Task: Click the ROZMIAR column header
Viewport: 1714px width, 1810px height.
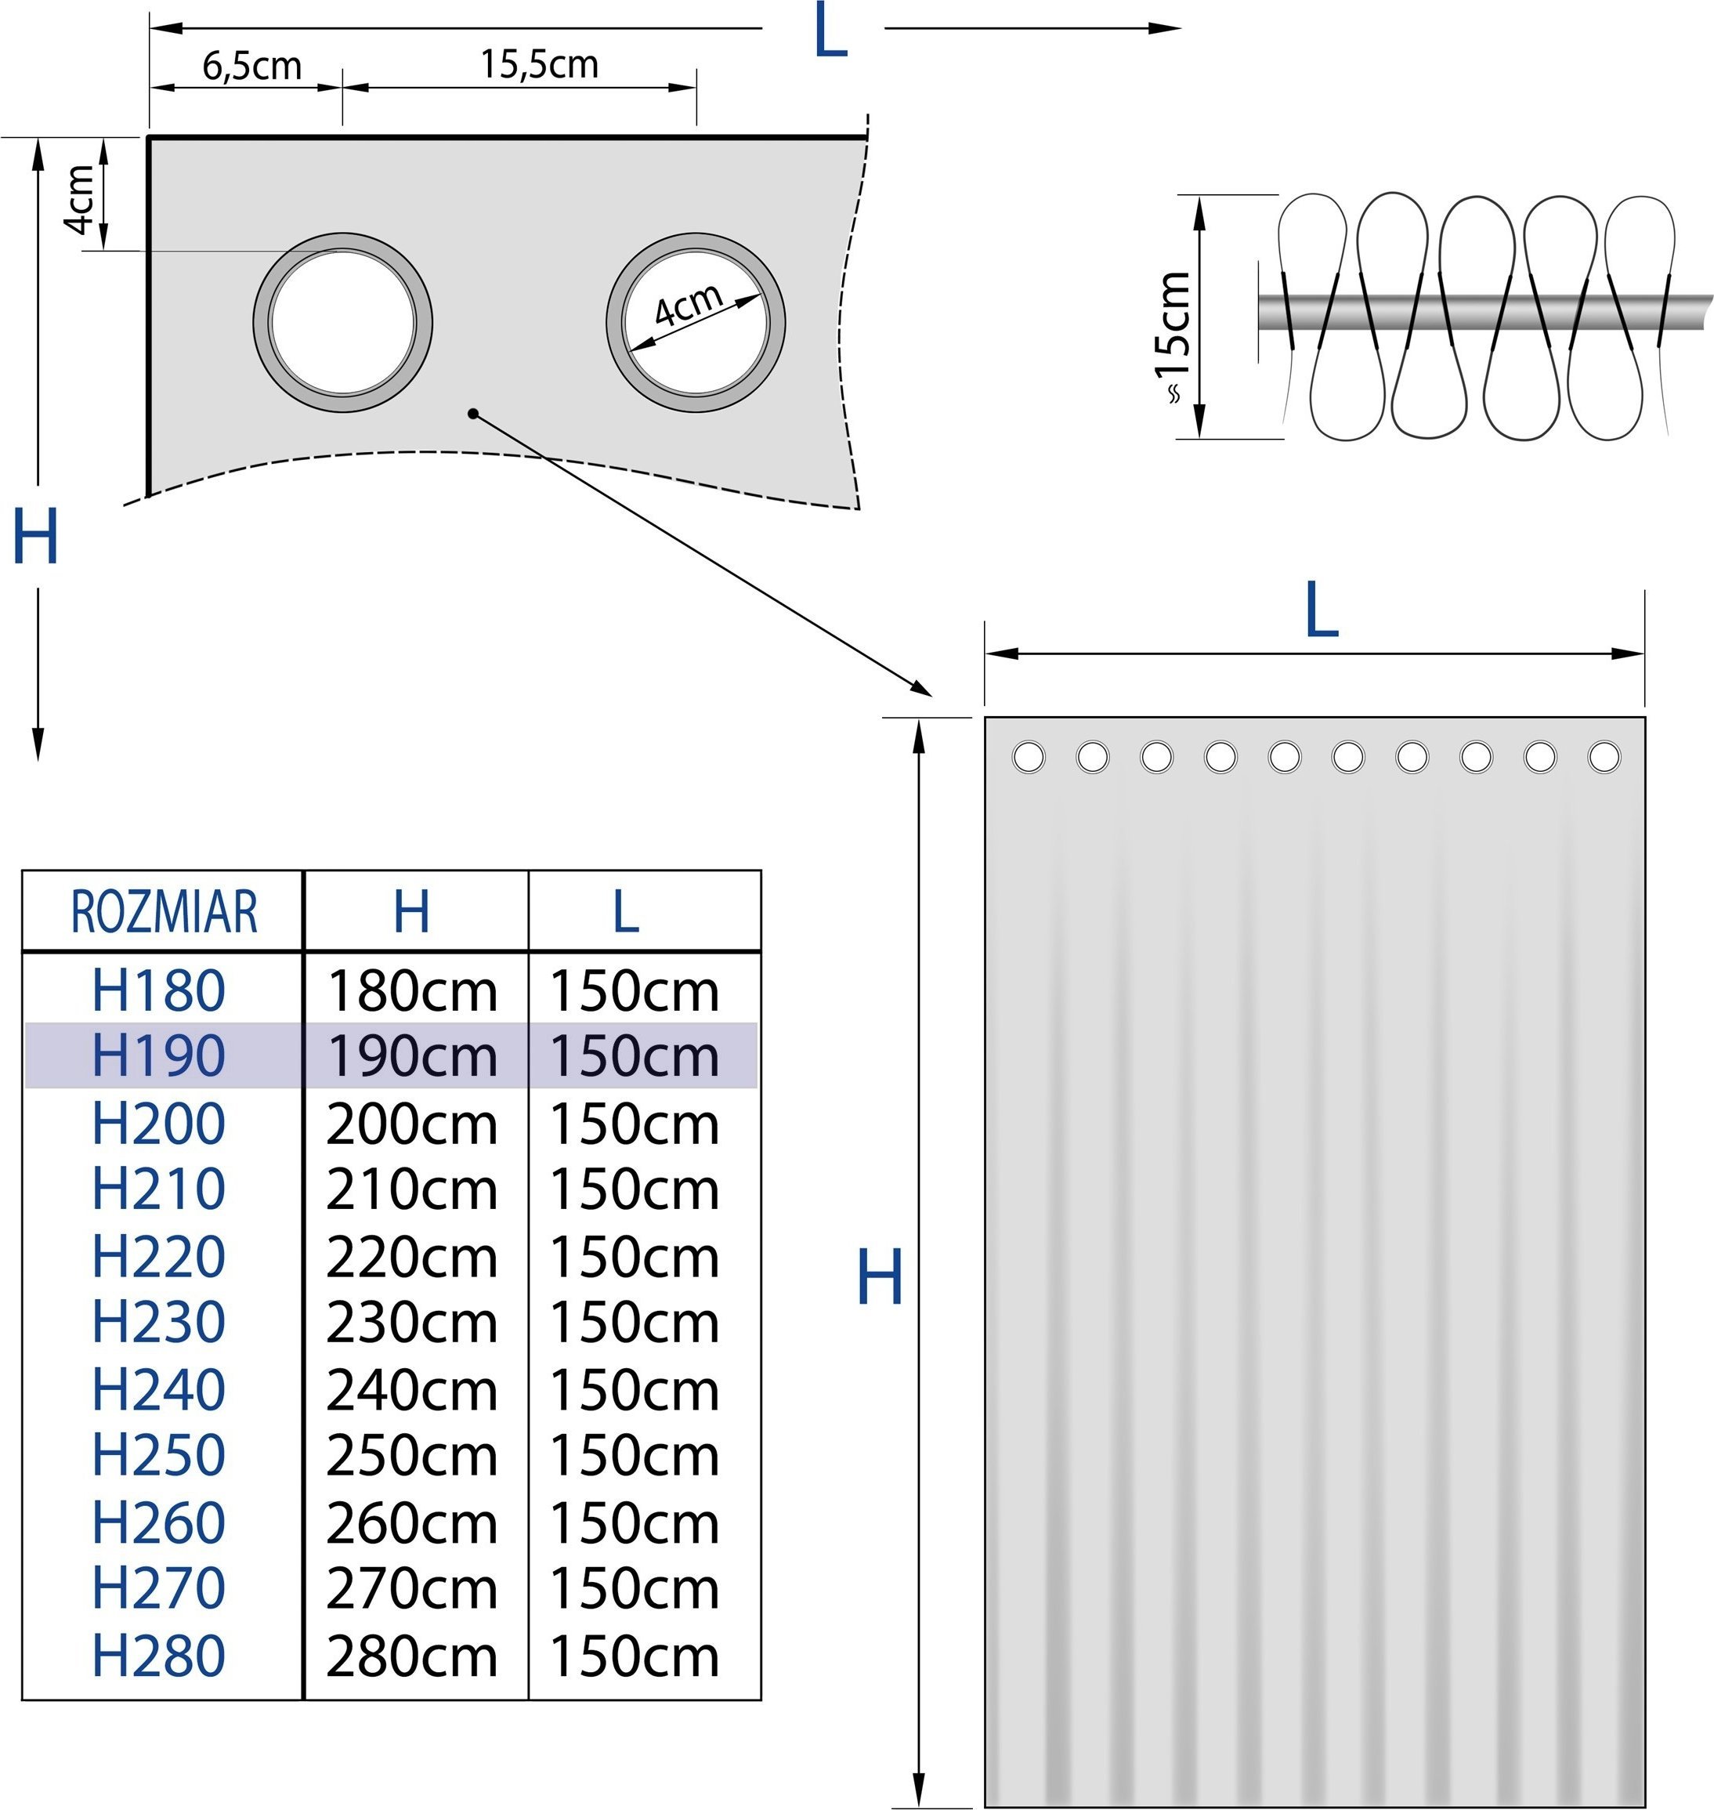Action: pyautogui.click(x=165, y=911)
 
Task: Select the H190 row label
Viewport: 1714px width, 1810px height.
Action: pyautogui.click(x=159, y=1056)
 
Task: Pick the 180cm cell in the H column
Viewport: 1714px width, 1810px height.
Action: pyautogui.click(x=412, y=990)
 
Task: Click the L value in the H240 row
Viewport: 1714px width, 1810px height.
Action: pyautogui.click(x=634, y=1390)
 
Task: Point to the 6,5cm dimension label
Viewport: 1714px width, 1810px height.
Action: pyautogui.click(x=252, y=66)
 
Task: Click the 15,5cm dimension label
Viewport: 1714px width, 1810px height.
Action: pyautogui.click(x=540, y=64)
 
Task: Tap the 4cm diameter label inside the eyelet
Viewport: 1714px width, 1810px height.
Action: pyautogui.click(x=689, y=305)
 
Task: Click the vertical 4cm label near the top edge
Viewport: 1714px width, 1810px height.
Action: pyautogui.click(x=81, y=198)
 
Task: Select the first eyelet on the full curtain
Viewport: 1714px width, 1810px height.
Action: pyautogui.click(x=1029, y=757)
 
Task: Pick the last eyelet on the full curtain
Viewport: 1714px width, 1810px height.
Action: pyautogui.click(x=1604, y=757)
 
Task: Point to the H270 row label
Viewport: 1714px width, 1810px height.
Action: pyautogui.click(x=159, y=1588)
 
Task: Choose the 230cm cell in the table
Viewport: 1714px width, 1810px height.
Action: pyautogui.click(x=412, y=1322)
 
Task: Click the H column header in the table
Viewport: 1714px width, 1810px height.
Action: pyautogui.click(x=412, y=911)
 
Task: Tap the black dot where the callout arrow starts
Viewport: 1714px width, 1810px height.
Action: pyautogui.click(x=473, y=414)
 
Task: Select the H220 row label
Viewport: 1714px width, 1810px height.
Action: pyautogui.click(x=159, y=1256)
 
